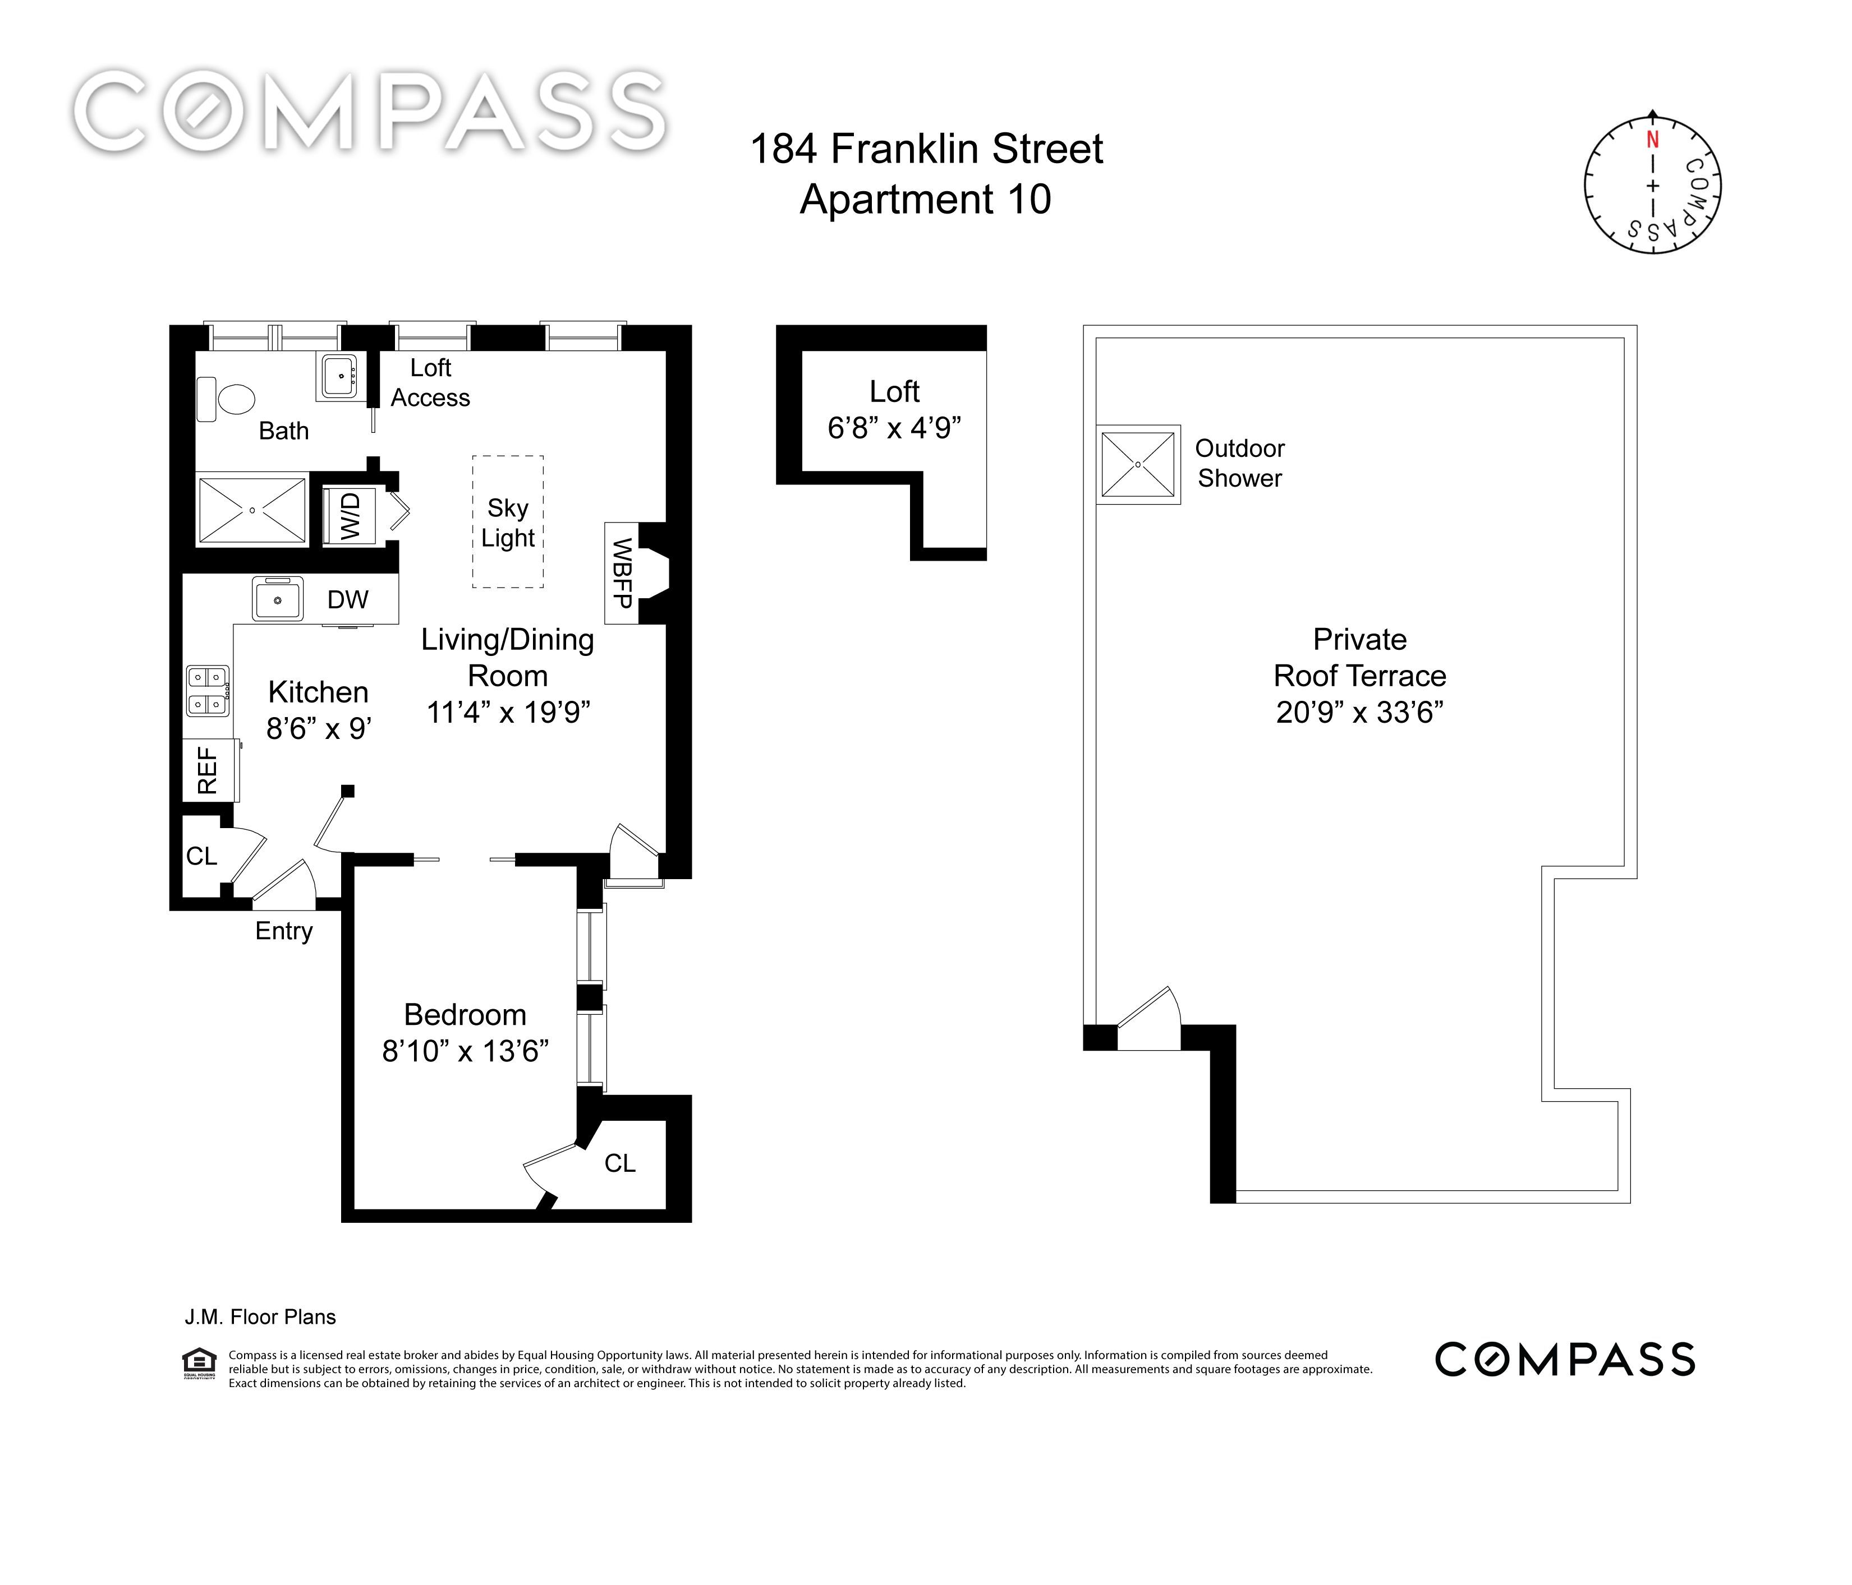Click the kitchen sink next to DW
click(278, 599)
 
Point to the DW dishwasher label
click(348, 599)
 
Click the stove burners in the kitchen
click(208, 691)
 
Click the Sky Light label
click(508, 523)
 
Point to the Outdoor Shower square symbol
click(1138, 465)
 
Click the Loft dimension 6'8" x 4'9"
click(894, 429)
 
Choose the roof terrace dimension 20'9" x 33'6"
click(1359, 712)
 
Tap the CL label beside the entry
click(202, 856)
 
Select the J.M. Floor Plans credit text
click(260, 1317)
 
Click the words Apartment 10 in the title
click(925, 198)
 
